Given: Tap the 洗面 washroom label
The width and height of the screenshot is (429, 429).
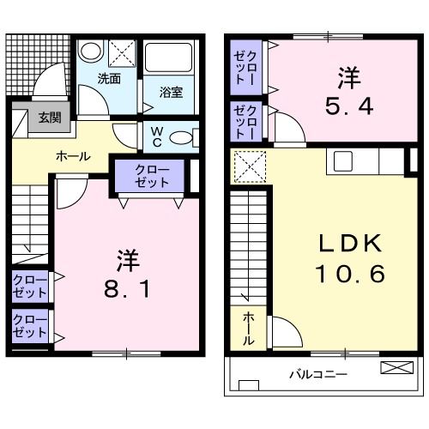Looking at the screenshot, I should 108,79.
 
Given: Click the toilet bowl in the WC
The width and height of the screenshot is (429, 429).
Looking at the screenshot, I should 182,137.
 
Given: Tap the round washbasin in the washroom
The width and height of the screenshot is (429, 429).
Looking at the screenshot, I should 90,51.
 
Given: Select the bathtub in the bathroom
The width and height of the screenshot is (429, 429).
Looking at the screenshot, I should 171,57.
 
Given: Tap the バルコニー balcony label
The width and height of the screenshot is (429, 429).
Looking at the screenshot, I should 317,375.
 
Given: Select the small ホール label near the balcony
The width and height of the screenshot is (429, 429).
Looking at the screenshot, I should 248,329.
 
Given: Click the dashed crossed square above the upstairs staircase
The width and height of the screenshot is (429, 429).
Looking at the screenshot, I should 250,166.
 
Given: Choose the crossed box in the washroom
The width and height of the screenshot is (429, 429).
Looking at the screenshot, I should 122,53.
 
